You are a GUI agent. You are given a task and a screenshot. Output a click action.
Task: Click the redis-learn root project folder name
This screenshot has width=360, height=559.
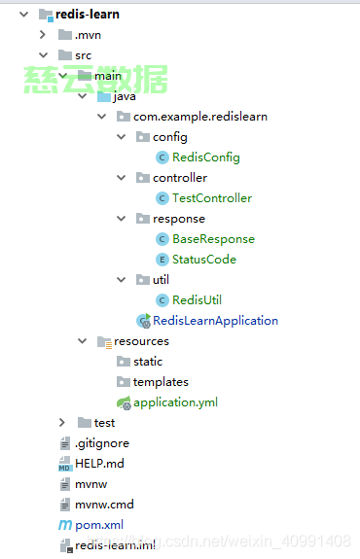tap(89, 15)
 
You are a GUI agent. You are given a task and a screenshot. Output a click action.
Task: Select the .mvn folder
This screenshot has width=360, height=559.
tap(88, 35)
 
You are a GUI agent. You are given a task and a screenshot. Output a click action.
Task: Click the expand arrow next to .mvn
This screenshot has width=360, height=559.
tap(43, 35)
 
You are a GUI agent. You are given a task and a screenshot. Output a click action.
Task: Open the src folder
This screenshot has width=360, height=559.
tap(83, 55)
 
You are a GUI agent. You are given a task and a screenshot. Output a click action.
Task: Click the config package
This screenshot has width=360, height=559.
tap(169, 137)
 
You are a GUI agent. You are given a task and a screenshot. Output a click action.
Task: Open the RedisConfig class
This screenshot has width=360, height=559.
tap(205, 157)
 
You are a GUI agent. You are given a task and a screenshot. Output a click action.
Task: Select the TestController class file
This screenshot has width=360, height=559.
tap(211, 198)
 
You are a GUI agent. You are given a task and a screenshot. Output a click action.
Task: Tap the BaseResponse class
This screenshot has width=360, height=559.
tap(213, 239)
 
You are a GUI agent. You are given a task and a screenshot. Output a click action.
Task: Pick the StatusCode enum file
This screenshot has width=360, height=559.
tap(203, 260)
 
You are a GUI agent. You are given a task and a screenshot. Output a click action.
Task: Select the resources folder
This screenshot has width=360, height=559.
tap(141, 341)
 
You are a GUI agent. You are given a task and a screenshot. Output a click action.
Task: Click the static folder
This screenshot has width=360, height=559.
tap(148, 362)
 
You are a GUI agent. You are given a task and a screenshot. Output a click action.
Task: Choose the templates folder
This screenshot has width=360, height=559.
tap(161, 382)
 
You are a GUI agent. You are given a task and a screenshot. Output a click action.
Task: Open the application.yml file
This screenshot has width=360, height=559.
tap(175, 402)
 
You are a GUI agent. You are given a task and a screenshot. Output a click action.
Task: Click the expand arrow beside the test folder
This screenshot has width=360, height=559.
tap(62, 423)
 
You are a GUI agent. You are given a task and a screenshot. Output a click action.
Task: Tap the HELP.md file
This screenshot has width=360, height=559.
tap(99, 464)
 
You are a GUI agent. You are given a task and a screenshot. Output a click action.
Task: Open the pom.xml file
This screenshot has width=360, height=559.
tap(99, 525)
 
